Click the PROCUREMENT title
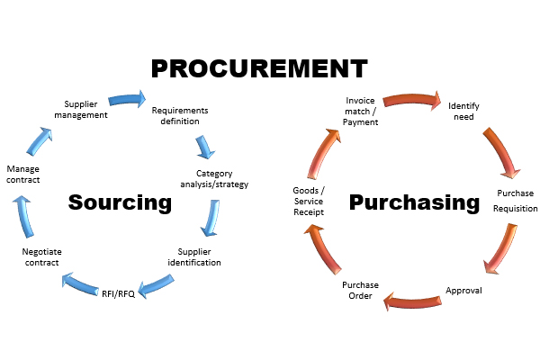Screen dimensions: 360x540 point(259,68)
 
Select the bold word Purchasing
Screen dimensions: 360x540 point(414,202)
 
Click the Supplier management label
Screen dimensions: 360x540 point(86,109)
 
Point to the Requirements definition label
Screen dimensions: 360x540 point(180,115)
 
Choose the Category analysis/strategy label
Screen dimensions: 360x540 point(221,178)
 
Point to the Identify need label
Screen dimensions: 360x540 point(463,111)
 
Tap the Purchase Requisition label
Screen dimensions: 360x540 point(516,201)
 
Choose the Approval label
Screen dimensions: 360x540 point(464,291)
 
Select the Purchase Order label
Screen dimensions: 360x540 point(361,290)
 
